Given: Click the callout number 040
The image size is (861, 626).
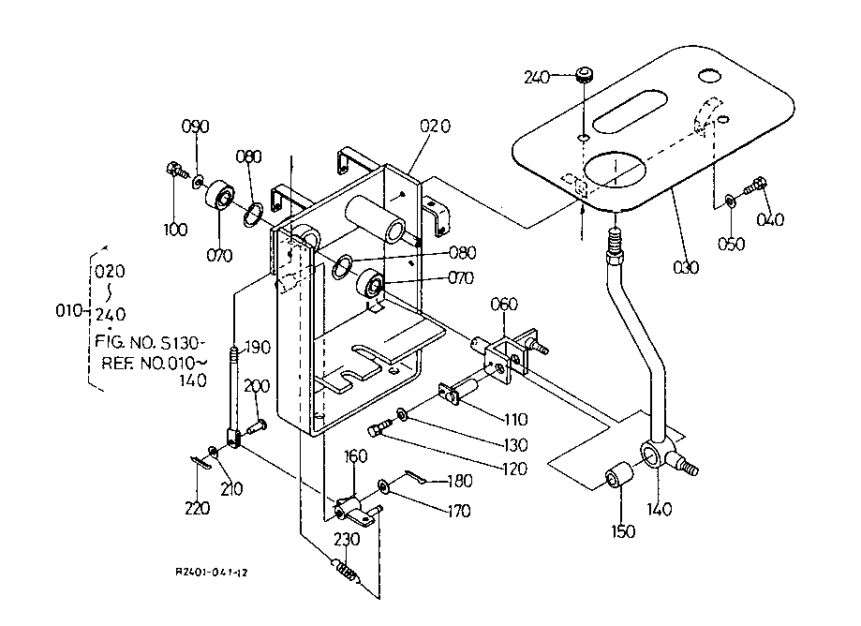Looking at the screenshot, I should pyautogui.click(x=771, y=220).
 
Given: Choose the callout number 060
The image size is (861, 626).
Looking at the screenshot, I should pyautogui.click(x=504, y=304).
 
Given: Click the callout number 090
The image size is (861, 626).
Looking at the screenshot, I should pyautogui.click(x=196, y=127).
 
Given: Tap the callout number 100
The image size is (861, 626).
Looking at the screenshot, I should pyautogui.click(x=175, y=229).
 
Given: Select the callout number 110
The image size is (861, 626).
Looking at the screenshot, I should pyautogui.click(x=515, y=419).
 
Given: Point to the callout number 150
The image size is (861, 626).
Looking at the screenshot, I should pyautogui.click(x=623, y=531).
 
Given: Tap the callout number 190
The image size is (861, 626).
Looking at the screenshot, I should pyautogui.click(x=258, y=348).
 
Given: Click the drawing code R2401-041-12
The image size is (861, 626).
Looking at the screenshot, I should pyautogui.click(x=216, y=572).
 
